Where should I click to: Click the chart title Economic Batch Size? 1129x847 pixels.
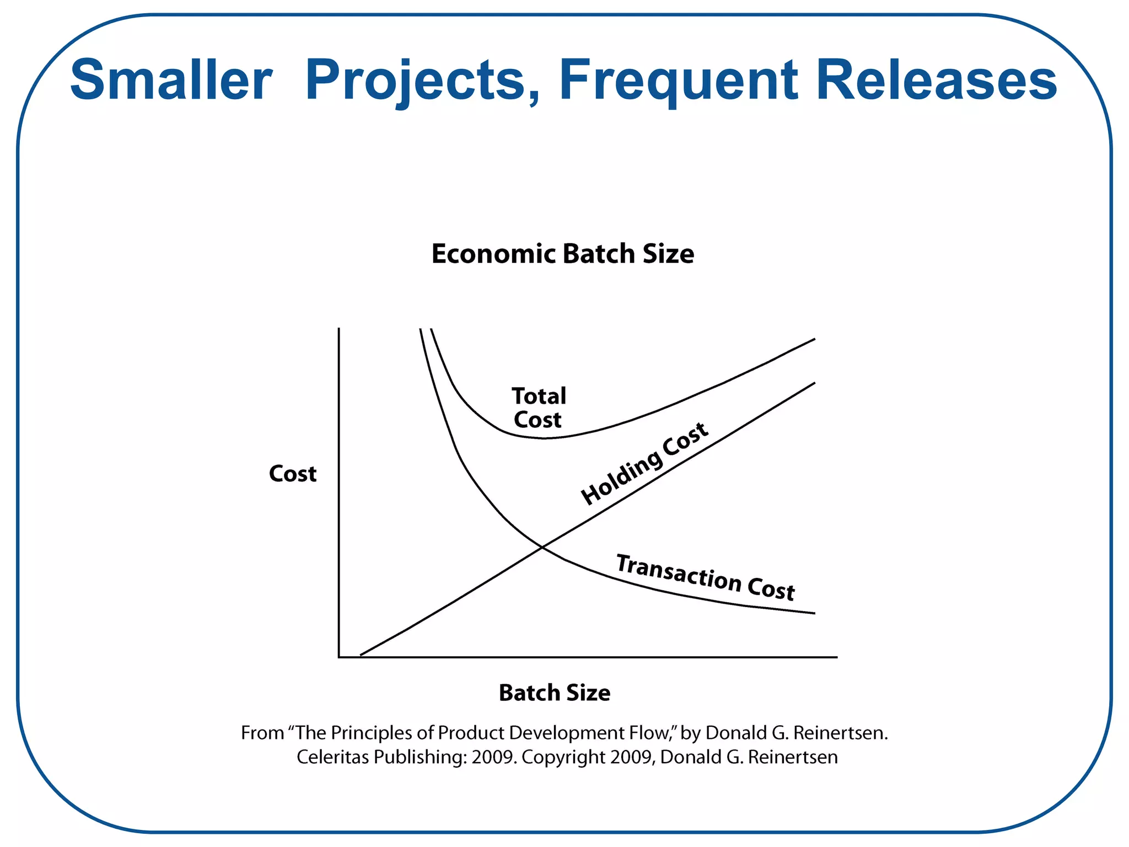(x=562, y=254)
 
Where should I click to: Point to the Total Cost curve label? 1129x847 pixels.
(x=538, y=408)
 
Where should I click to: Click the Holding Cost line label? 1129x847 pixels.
(x=644, y=463)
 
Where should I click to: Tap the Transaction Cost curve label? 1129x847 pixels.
(x=705, y=577)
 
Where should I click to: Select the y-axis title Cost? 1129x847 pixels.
(x=292, y=474)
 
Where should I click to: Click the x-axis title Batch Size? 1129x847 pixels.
(x=554, y=693)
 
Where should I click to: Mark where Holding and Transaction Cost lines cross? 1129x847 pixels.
(x=542, y=547)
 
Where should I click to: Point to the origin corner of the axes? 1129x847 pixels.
(x=339, y=657)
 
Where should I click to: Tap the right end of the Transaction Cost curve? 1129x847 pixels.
(x=814, y=613)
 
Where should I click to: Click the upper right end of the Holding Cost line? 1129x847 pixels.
(x=814, y=383)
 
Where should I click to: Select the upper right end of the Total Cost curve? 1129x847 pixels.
(x=814, y=340)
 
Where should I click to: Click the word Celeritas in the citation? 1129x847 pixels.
(x=332, y=757)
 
